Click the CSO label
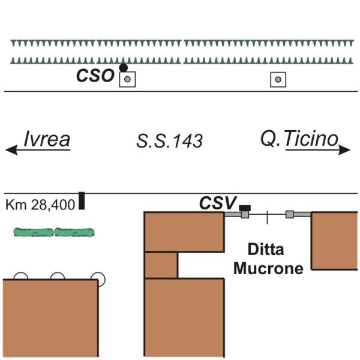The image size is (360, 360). coord(94,76)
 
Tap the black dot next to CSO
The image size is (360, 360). coord(124,68)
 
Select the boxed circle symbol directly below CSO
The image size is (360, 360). coord(127,79)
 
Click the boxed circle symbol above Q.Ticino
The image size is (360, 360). coord(277,79)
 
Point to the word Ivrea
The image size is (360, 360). coord(47,139)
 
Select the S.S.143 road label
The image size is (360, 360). coord(169,142)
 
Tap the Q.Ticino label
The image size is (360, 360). coord(299,139)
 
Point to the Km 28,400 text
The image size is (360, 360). coord(40,205)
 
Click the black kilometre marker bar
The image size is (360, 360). coord(82,201)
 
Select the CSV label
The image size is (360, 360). coord(218,203)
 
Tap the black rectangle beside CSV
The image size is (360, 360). coord(245,207)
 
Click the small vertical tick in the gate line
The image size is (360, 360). coord(268,215)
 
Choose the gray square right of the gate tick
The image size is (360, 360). coord(290,214)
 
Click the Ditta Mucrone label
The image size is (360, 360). coord(268,259)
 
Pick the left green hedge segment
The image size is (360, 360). coord(34,232)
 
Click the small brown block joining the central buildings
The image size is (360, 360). coord(161,265)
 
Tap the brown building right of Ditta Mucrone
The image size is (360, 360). coord(334,241)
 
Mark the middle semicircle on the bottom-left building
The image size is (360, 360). coord(58,277)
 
